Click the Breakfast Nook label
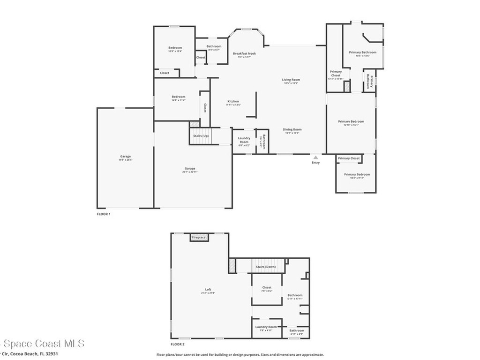coord(244,53)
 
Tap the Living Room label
coord(291,80)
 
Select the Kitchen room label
coord(233,101)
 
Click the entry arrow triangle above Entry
coord(315,157)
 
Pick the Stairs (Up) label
coord(201,136)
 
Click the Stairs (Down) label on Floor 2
coord(265,267)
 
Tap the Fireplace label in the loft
coord(199,238)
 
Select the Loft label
coord(208,289)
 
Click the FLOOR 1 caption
coord(104,214)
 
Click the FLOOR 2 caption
coord(178,337)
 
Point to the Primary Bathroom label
coord(362,52)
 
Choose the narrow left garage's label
coord(125,156)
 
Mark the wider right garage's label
coord(189,168)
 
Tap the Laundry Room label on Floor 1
coord(244,140)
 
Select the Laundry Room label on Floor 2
coord(266,327)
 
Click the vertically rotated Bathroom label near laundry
coord(263,142)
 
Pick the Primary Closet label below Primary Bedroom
coord(349,158)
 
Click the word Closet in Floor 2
coord(266,287)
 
